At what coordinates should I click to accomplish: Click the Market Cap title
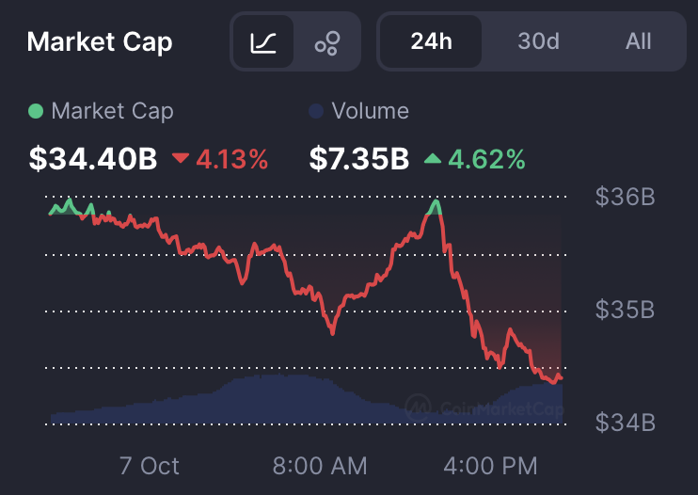pyautogui.click(x=99, y=41)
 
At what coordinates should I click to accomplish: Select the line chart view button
pyautogui.click(x=263, y=41)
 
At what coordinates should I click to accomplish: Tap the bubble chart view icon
pyautogui.click(x=327, y=41)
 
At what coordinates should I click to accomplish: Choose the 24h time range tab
pyautogui.click(x=432, y=41)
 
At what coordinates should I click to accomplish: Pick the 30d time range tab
pyautogui.click(x=538, y=41)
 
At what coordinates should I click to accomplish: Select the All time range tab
pyautogui.click(x=638, y=41)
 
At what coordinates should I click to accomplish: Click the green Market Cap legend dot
pyautogui.click(x=36, y=111)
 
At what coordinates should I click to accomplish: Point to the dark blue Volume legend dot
pyautogui.click(x=316, y=111)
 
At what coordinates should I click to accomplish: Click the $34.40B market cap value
pyautogui.click(x=92, y=159)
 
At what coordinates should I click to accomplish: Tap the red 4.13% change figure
pyautogui.click(x=232, y=159)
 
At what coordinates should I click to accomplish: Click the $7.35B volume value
pyautogui.click(x=358, y=159)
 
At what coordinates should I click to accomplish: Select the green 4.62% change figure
pyautogui.click(x=485, y=159)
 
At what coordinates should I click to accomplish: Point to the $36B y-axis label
pyautogui.click(x=625, y=198)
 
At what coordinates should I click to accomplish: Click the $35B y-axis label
pyautogui.click(x=625, y=311)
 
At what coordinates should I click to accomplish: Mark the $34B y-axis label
pyautogui.click(x=625, y=423)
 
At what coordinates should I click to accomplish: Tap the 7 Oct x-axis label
pyautogui.click(x=149, y=465)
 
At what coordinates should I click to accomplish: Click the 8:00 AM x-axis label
pyautogui.click(x=320, y=465)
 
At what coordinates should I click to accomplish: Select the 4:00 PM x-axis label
pyautogui.click(x=491, y=465)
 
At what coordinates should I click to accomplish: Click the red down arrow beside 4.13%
pyautogui.click(x=181, y=159)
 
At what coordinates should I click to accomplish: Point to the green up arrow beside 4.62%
pyautogui.click(x=432, y=159)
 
